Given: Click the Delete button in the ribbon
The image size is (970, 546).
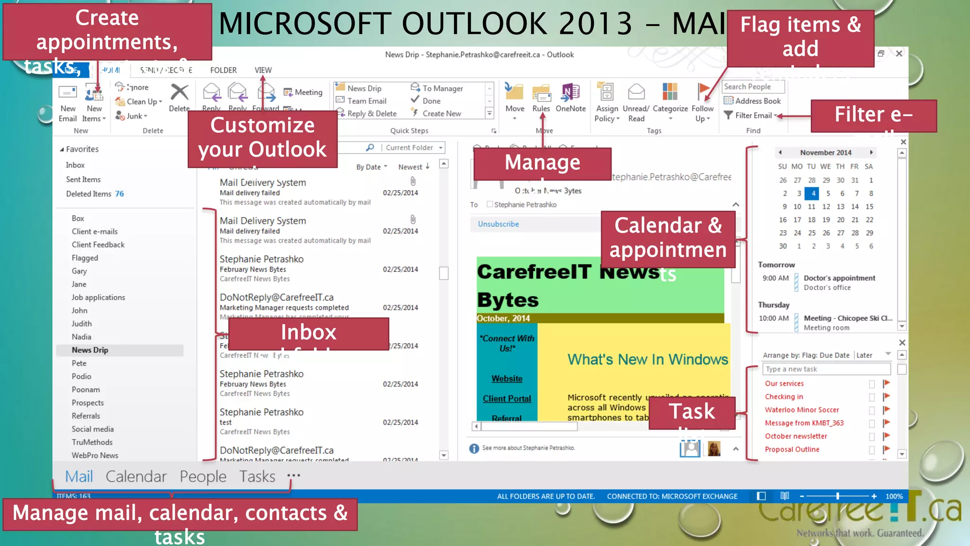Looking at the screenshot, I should click(x=179, y=97).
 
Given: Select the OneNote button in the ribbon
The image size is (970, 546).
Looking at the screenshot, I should click(x=570, y=97).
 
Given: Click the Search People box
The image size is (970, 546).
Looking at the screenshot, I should click(x=753, y=87).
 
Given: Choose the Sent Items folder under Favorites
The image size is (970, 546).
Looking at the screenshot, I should click(x=83, y=180).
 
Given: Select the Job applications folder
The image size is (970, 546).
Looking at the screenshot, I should click(x=98, y=298).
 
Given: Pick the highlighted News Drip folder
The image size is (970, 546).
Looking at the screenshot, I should click(x=90, y=350).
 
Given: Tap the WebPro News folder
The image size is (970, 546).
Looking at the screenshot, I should click(x=95, y=455).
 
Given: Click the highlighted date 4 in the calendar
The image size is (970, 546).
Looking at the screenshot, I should click(x=813, y=193).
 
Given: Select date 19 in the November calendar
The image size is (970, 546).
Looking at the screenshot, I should click(x=826, y=220).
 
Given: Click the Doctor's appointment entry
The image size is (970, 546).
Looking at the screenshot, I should click(x=839, y=278).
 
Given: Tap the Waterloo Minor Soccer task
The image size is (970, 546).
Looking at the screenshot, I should click(x=801, y=410).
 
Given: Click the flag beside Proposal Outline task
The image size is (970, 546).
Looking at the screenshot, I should click(x=886, y=449).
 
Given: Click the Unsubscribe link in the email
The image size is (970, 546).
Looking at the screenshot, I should click(x=498, y=224).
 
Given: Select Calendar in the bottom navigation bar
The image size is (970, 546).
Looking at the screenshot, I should click(x=136, y=476).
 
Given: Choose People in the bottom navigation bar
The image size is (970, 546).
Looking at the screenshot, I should click(x=203, y=476).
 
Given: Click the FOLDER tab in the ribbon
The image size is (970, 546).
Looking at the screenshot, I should click(x=223, y=70).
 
